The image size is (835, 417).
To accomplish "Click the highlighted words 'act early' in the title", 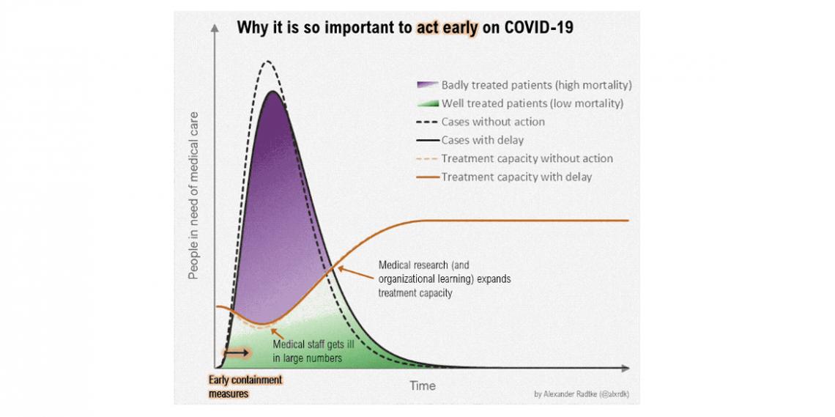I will [x=447, y=29].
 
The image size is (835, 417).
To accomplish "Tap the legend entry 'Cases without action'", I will [x=493, y=122].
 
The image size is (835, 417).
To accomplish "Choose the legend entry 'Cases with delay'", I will [x=482, y=140].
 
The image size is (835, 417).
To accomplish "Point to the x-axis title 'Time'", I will [x=422, y=385].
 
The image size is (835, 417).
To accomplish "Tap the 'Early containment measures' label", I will [x=245, y=386].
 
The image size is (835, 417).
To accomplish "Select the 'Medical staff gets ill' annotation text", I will [x=308, y=352].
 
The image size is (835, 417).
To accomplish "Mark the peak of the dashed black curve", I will [x=268, y=62].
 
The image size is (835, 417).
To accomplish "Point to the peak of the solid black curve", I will [x=272, y=92].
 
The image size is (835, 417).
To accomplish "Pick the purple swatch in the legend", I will [x=427, y=85].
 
